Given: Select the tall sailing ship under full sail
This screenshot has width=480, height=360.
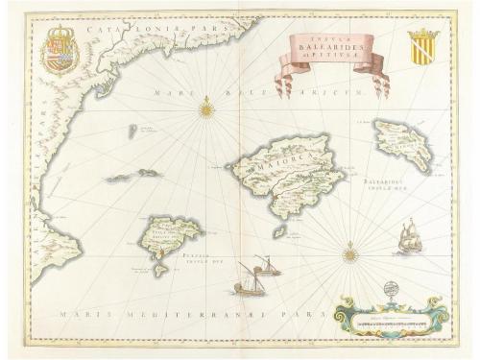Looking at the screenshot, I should tap(410, 237).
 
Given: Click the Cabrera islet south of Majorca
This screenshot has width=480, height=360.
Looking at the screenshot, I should tap(278, 231).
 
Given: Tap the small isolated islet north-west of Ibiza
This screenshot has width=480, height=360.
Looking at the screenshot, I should tap(132, 132).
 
